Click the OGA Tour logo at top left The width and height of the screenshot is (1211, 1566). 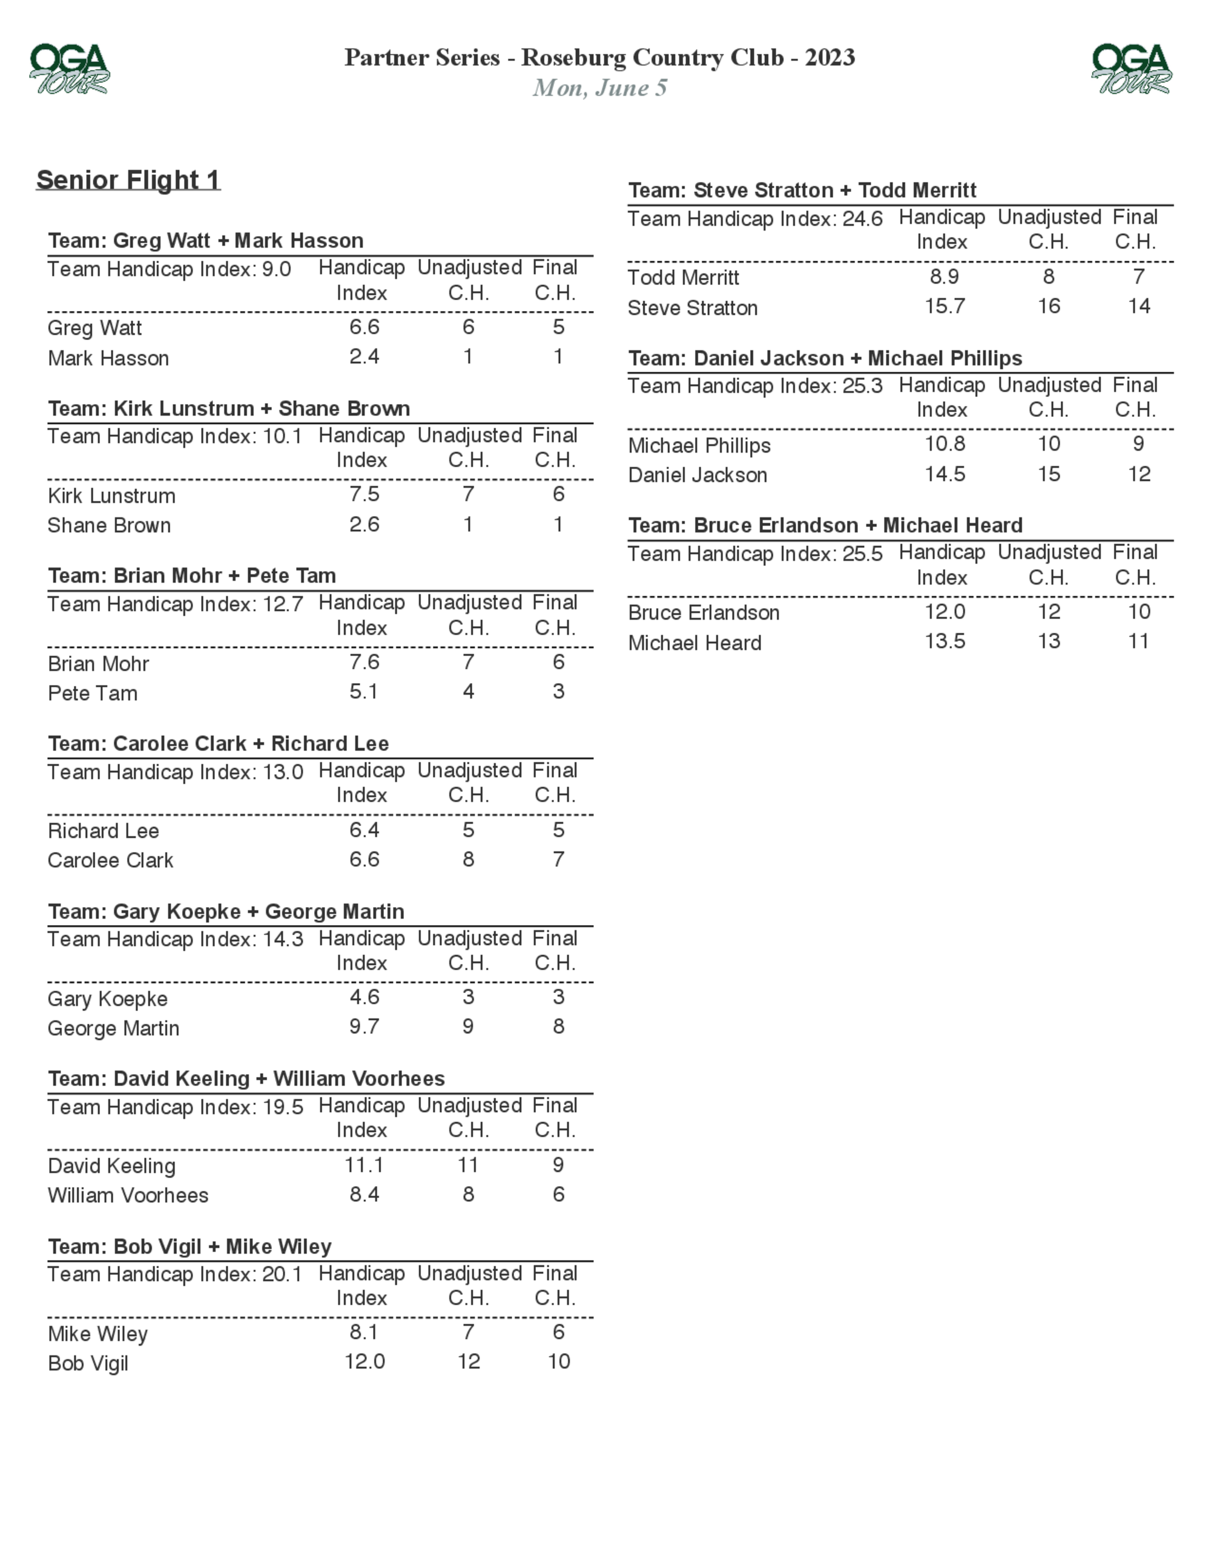click(70, 69)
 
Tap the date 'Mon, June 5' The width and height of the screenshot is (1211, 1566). click(600, 88)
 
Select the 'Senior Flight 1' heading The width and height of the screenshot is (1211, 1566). click(128, 179)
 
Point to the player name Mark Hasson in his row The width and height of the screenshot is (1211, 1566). click(108, 358)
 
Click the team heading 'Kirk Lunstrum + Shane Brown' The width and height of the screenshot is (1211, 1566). click(229, 408)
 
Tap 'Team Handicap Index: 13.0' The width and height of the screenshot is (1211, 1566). click(175, 772)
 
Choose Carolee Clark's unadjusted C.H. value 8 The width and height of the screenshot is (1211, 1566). click(469, 859)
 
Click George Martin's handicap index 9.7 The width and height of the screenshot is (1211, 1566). click(365, 1026)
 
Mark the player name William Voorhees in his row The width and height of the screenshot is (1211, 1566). click(128, 1195)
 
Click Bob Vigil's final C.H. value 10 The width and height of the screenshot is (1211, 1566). click(559, 1361)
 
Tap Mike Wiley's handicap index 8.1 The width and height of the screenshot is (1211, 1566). click(364, 1332)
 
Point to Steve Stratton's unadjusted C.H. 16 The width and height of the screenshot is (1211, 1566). click(1049, 306)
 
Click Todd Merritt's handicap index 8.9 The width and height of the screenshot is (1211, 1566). click(944, 276)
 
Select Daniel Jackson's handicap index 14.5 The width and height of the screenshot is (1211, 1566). click(944, 474)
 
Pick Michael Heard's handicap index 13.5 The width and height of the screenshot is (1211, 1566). click(944, 641)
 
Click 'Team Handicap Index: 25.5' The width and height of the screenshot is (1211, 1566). click(754, 554)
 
